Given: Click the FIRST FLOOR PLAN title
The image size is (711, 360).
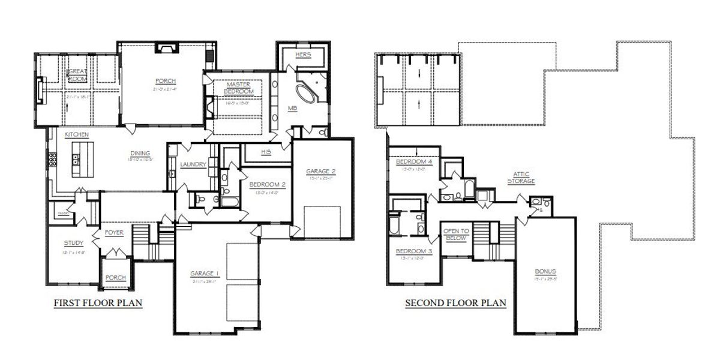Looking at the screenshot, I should pyautogui.click(x=98, y=303).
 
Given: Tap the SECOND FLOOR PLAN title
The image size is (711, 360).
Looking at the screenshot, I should pyautogui.click(x=455, y=303).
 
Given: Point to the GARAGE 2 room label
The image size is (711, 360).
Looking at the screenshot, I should pyautogui.click(x=320, y=171).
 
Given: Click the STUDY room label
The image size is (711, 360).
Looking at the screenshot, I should pyautogui.click(x=74, y=243).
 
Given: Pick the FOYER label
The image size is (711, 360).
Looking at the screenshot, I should pyautogui.click(x=114, y=232).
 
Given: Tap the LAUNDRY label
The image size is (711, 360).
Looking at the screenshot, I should pyautogui.click(x=193, y=164).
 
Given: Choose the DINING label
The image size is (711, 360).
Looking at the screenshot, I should pyautogui.click(x=139, y=153).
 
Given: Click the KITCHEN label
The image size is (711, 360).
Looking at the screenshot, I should pyautogui.click(x=77, y=135).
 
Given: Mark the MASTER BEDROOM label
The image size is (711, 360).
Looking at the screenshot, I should pyautogui.click(x=239, y=88).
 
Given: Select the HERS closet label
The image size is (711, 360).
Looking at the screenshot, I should pyautogui.click(x=304, y=55).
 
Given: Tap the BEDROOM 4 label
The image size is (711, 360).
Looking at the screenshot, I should pyautogui.click(x=414, y=161).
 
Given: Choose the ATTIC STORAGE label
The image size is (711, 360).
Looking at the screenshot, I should pyautogui.click(x=520, y=178).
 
